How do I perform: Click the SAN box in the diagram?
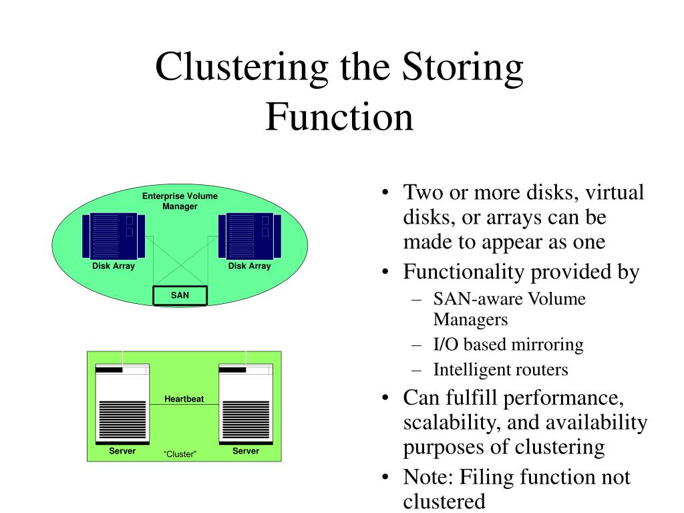[x=180, y=295]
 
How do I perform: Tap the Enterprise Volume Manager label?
[x=180, y=201]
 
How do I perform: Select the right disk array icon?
[x=249, y=236]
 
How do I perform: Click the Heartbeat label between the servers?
[x=184, y=399]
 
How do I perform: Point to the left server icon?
[x=122, y=404]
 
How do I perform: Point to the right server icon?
[x=245, y=404]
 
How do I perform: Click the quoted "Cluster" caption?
[x=180, y=454]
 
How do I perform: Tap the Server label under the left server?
[x=122, y=451]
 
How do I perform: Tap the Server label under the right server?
[x=245, y=451]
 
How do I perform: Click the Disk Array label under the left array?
[x=114, y=266]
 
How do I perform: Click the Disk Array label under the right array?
[x=250, y=266]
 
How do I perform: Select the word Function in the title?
[x=339, y=116]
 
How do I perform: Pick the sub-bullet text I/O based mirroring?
[x=508, y=345]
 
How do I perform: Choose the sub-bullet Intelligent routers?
[x=500, y=369]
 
